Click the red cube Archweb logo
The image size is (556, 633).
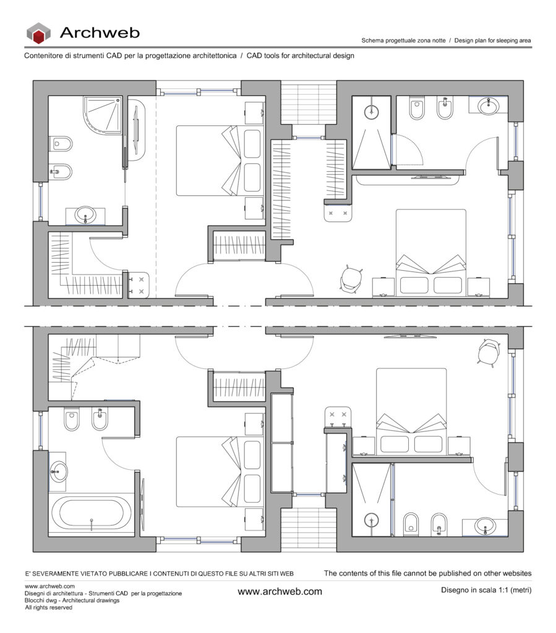coord(38,33)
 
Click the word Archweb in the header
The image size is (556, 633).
coord(100,32)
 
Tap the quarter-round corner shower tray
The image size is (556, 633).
coord(103,115)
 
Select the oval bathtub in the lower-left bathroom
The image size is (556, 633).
coord(92,514)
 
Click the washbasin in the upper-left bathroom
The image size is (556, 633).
coord(85,215)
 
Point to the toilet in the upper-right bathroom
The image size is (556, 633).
coord(417,108)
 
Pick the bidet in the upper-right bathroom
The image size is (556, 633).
coord(445,108)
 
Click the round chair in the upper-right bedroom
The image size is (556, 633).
coord(351,279)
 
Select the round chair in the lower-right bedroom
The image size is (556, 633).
coord(489,353)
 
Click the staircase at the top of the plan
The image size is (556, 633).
coord(309,103)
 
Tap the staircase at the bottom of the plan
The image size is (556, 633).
coord(309,530)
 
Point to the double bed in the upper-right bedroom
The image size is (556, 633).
coord(431,253)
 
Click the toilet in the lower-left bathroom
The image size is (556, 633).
coord(72,419)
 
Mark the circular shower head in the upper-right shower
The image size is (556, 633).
coord(371,111)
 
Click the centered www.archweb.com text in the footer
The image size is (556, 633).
coord(280,592)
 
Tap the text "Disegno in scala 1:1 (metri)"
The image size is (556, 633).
coord(486,590)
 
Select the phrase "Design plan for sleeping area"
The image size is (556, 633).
coord(492,40)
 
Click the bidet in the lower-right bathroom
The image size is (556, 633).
coord(439,525)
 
